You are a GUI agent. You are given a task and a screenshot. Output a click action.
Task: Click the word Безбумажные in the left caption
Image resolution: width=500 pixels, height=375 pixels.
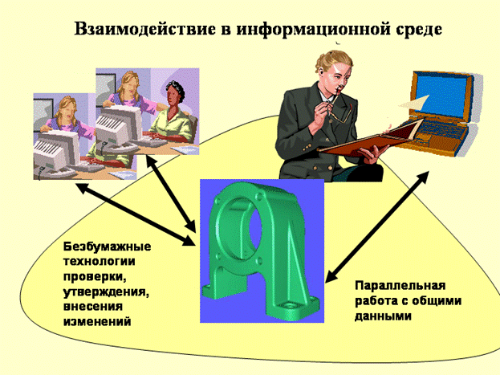108,247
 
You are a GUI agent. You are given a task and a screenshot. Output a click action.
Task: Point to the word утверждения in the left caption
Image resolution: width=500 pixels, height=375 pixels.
106,292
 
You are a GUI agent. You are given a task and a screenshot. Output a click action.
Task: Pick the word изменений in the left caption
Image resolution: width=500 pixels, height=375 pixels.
97,320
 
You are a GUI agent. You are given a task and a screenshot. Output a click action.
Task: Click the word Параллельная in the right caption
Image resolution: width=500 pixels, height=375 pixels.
400,285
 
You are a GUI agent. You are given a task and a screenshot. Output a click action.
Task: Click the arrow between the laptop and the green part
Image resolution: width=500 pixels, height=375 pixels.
377,227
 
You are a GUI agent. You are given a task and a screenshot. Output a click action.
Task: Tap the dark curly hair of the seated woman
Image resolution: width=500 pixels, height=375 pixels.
175,90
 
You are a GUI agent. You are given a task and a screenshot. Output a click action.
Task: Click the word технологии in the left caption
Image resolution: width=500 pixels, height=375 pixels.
100,262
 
